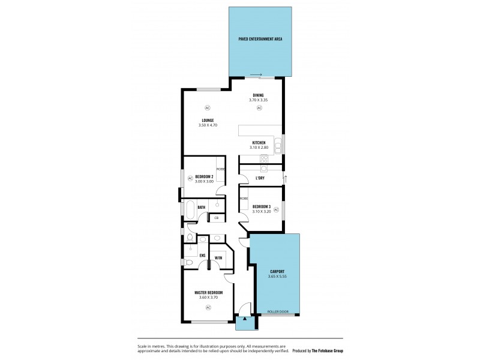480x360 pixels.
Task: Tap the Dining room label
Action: (258, 95)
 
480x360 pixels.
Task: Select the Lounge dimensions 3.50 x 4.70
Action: (208, 125)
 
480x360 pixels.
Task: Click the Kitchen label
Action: (259, 142)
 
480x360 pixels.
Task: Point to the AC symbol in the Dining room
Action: (259, 108)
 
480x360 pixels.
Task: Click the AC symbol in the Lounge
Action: (207, 108)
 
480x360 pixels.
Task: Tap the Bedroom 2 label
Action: (205, 176)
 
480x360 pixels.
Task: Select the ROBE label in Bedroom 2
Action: (221, 169)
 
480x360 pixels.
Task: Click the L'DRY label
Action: (260, 178)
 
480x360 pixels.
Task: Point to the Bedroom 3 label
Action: (261, 207)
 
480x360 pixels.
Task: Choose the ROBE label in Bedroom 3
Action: (244, 198)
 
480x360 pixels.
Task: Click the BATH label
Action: (202, 207)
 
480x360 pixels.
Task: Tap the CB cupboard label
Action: (216, 218)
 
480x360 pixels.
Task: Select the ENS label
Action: (202, 256)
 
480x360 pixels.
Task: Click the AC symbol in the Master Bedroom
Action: (208, 307)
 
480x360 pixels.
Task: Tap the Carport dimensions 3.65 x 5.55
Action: (277, 276)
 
